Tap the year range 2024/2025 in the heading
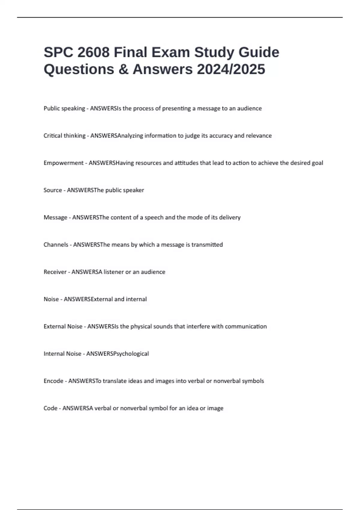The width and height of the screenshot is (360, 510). click(x=231, y=69)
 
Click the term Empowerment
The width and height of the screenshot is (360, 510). click(x=63, y=163)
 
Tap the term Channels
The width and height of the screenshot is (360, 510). click(x=56, y=244)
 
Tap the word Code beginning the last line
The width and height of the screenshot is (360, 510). click(x=50, y=408)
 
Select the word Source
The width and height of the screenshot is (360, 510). click(x=53, y=190)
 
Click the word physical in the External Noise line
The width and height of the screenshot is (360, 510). click(x=141, y=326)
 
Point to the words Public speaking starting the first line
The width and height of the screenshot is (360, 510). click(x=64, y=108)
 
